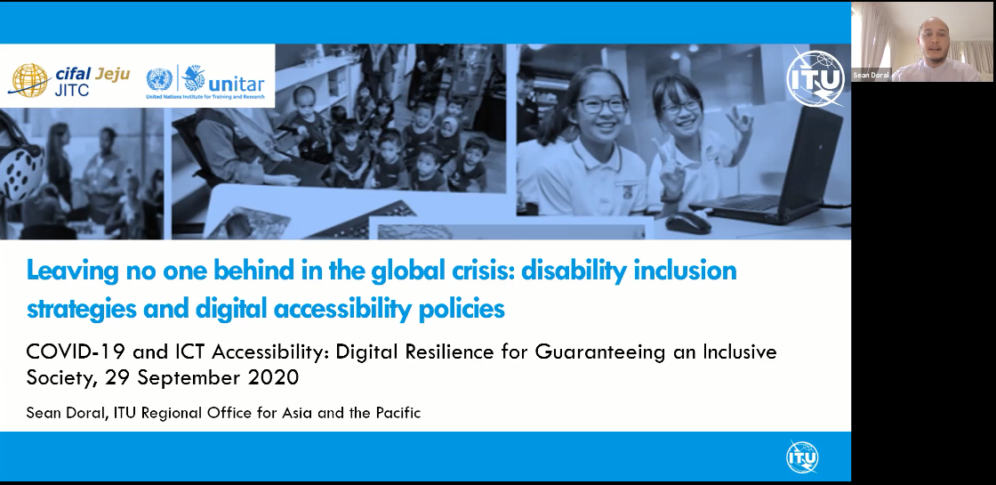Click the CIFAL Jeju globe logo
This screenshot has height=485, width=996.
29,80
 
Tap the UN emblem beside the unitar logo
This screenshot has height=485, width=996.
159,79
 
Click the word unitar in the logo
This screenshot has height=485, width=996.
236,84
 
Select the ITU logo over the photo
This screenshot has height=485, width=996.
815,78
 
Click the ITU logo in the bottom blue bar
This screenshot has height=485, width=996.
802,457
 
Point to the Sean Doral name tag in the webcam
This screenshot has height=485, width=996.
871,75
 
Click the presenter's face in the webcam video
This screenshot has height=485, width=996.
933,38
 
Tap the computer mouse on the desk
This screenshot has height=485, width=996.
687,222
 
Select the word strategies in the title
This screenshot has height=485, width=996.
82,310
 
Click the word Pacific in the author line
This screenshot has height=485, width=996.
398,413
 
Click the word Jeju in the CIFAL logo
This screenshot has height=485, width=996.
112,75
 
